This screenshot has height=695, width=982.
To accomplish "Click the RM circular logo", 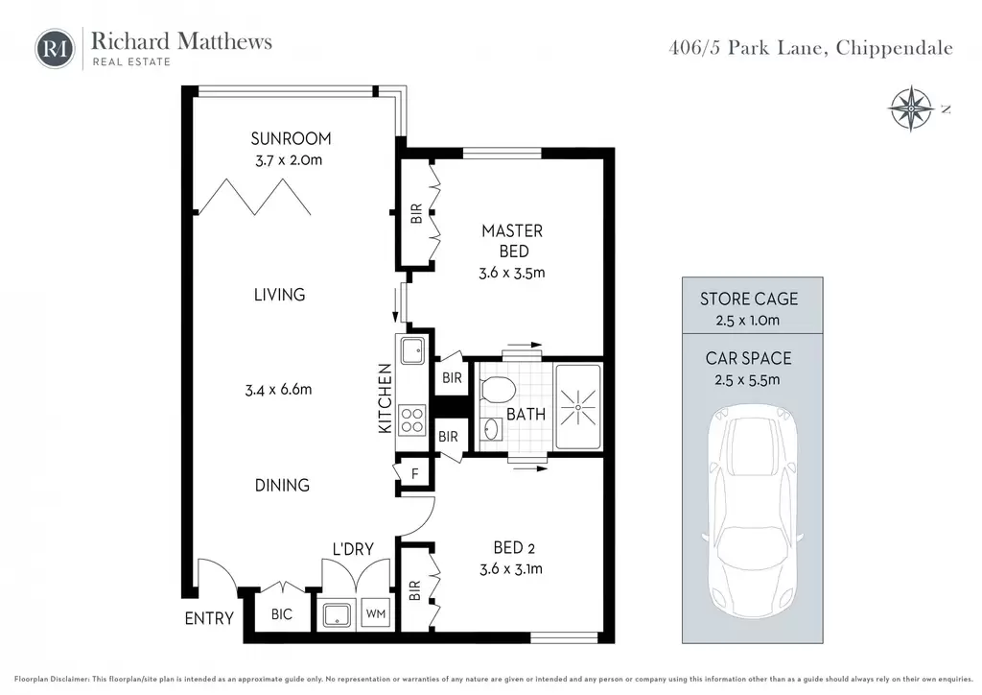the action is click(55, 48).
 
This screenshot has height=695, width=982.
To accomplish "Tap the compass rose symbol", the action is click(911, 108).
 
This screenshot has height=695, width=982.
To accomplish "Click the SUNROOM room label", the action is click(291, 138).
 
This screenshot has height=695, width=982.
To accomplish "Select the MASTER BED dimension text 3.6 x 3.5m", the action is click(512, 274).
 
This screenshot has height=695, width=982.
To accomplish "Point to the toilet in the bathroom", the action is click(498, 389).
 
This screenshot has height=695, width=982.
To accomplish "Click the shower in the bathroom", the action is click(578, 407).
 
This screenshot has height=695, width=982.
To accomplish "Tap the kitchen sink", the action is click(412, 350).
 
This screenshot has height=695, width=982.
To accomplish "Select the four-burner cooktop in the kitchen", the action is click(412, 419).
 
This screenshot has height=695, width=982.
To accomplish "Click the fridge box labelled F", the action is click(414, 474).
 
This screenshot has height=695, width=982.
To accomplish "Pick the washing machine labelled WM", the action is click(376, 614).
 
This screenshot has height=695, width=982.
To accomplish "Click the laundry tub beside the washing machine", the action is click(337, 614).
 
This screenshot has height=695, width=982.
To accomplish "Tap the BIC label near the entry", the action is click(282, 614).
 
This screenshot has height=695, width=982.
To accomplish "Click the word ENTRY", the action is click(209, 618).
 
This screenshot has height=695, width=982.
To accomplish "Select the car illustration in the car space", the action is click(752, 512).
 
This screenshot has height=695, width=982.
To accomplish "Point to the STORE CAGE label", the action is click(749, 299).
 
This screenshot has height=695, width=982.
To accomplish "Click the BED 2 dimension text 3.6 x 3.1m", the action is click(511, 569).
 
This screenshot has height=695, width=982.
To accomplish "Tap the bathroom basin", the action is click(492, 429).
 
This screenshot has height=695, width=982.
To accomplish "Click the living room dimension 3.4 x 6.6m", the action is click(278, 389).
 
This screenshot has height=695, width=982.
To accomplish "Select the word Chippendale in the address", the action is click(895, 48).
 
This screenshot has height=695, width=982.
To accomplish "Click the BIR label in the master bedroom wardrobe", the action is click(416, 214).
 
